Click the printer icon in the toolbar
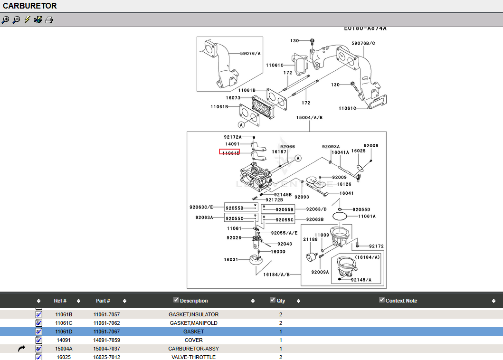click(x=49, y=20)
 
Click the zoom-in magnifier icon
click(x=5, y=20)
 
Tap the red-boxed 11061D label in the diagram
click(x=229, y=152)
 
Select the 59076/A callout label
click(x=250, y=54)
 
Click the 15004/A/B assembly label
click(x=309, y=117)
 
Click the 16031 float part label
click(x=231, y=260)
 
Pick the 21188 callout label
click(x=310, y=240)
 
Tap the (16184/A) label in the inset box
click(x=367, y=257)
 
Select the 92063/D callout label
click(x=316, y=209)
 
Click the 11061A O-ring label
click(x=367, y=216)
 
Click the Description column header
click(x=194, y=301)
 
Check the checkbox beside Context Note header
click(x=382, y=300)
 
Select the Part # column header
click(x=103, y=301)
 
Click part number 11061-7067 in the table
click(x=106, y=332)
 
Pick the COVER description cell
click(x=193, y=340)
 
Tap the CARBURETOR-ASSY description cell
click(x=193, y=349)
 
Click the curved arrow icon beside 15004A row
click(x=21, y=349)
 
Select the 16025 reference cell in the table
click(x=64, y=357)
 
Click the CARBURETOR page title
click(x=30, y=6)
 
